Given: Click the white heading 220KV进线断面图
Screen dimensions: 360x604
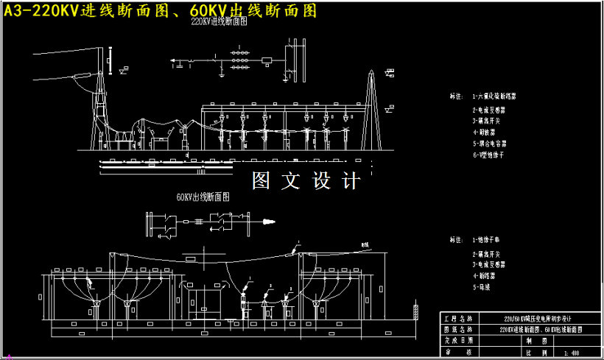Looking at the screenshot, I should (x=219, y=23).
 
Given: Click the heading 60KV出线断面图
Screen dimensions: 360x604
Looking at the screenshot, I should (x=203, y=197).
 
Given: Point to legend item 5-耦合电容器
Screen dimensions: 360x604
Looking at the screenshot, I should (x=489, y=144).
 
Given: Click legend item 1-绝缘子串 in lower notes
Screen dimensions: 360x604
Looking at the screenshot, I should (x=487, y=240).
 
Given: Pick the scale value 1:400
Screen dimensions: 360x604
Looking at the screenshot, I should (x=571, y=353).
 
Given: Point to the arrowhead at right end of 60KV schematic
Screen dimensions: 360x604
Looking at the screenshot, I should (x=271, y=221).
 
